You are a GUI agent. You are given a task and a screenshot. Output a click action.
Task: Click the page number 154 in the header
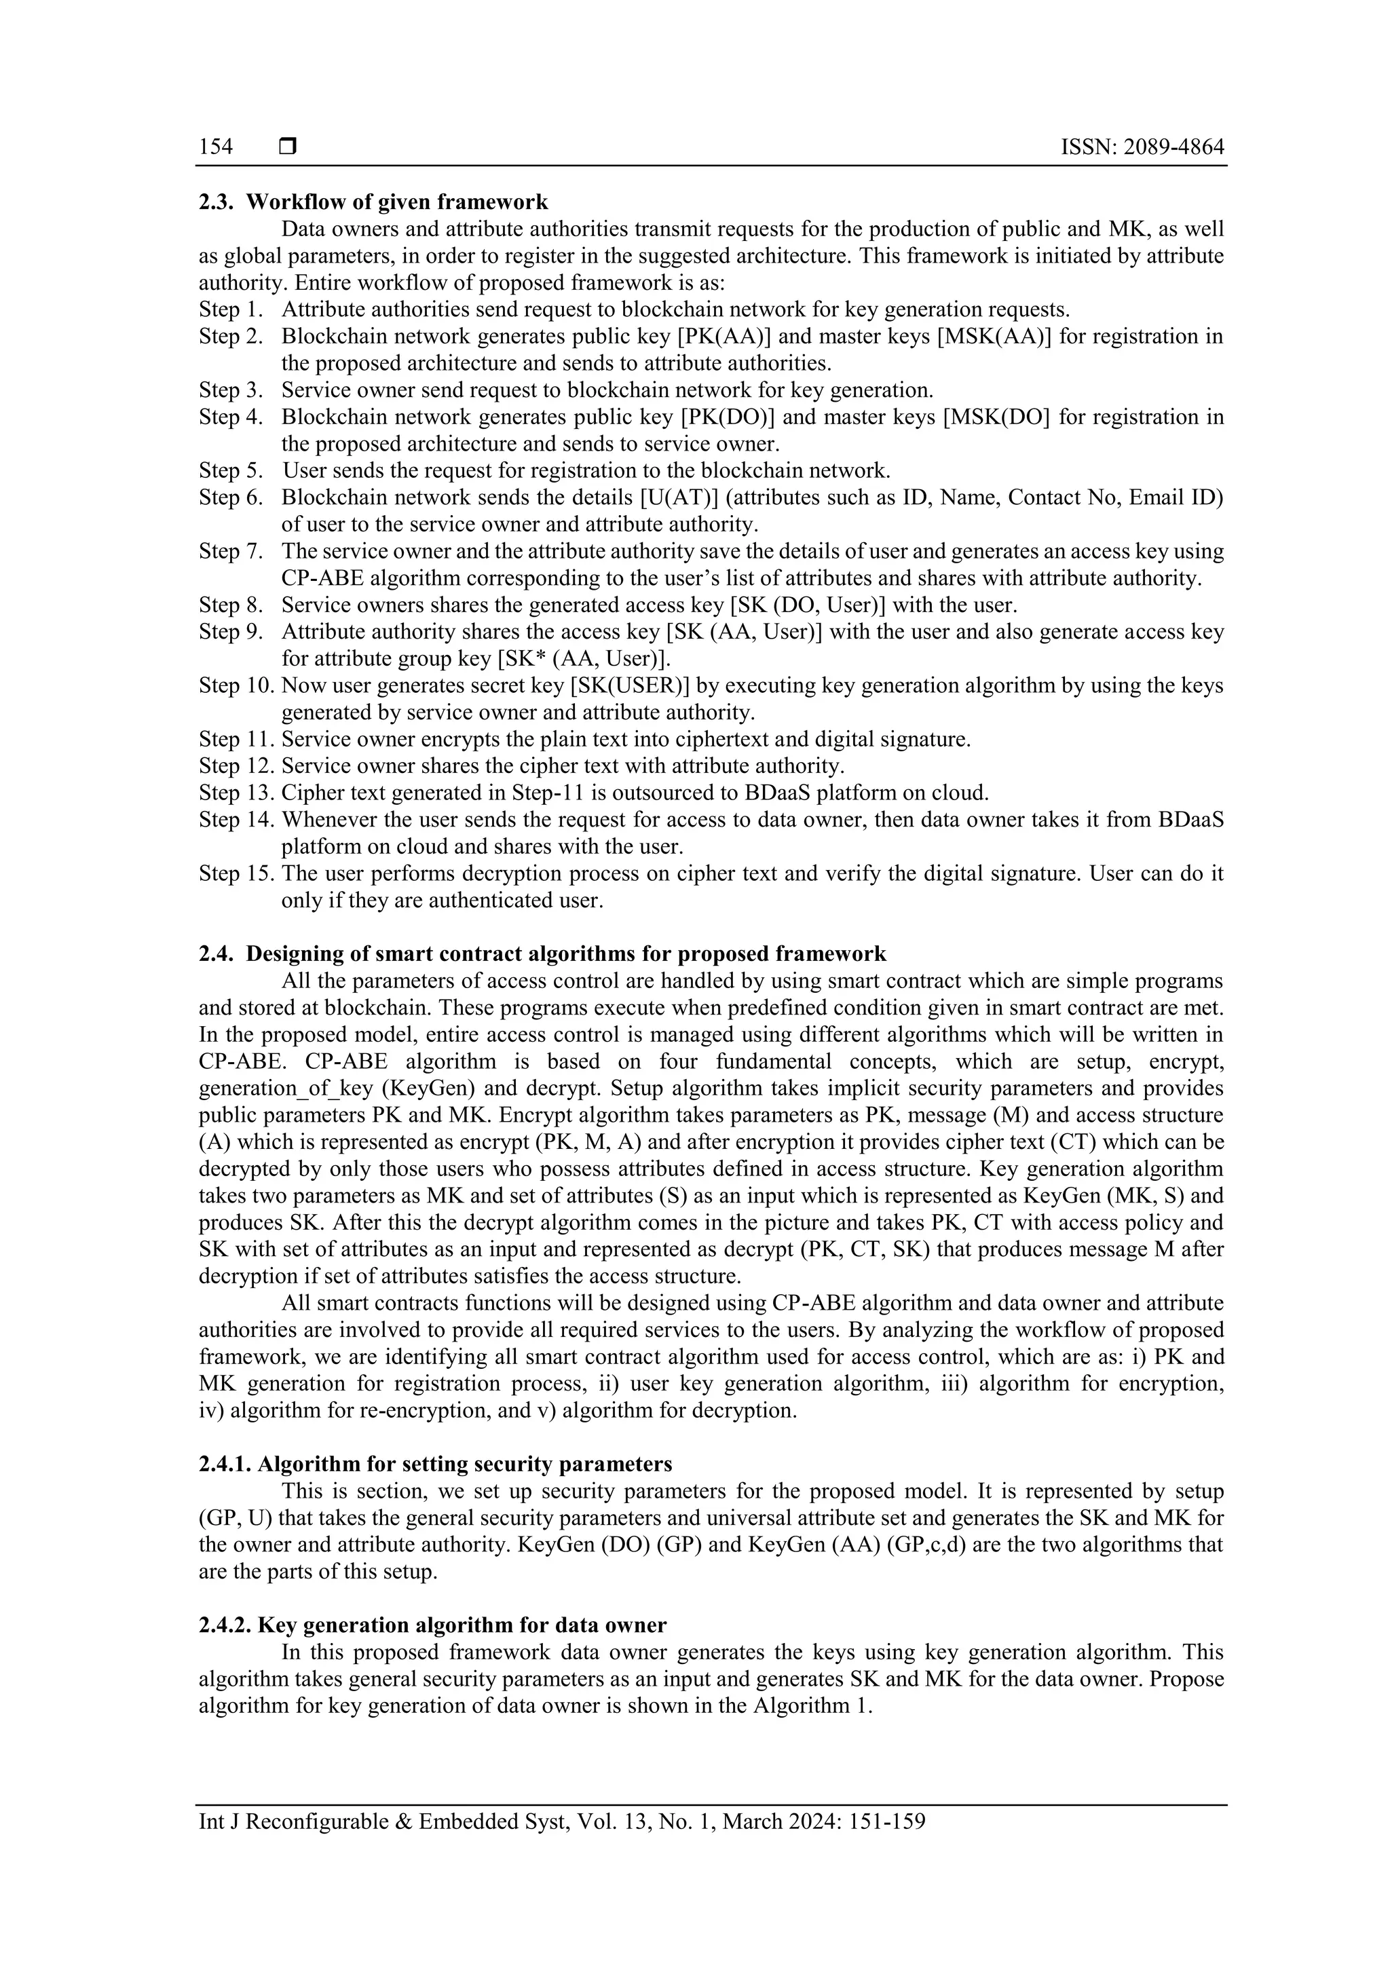point(216,147)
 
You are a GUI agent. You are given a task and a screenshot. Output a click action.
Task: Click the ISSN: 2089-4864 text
point(1142,147)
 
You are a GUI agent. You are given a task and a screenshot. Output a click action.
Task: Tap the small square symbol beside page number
point(288,147)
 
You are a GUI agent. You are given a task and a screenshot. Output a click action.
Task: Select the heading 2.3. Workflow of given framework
point(373,202)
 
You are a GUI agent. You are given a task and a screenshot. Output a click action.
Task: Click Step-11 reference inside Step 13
point(547,793)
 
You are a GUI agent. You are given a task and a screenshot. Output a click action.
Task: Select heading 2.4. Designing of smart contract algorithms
point(542,954)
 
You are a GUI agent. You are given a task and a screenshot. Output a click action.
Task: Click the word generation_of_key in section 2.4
point(274,1089)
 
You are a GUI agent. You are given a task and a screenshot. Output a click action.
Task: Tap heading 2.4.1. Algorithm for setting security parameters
point(435,1463)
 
